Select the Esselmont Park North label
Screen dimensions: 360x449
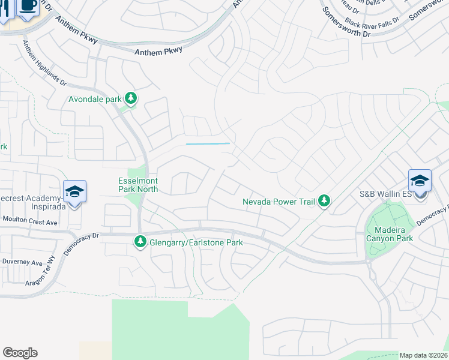point(137,184)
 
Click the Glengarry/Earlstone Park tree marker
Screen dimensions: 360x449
point(140,242)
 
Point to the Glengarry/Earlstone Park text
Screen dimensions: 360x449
point(196,242)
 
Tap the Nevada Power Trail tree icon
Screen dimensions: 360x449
point(324,200)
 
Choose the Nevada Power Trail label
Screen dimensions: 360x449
point(279,202)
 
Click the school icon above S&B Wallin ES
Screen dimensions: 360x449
point(420,181)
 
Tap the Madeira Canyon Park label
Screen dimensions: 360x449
point(390,234)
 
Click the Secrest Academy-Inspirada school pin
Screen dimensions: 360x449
point(74,191)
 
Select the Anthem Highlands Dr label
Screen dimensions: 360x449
point(44,63)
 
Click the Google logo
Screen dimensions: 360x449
point(20,353)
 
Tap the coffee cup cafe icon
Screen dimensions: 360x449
point(27,5)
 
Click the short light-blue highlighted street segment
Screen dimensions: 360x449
point(208,143)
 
